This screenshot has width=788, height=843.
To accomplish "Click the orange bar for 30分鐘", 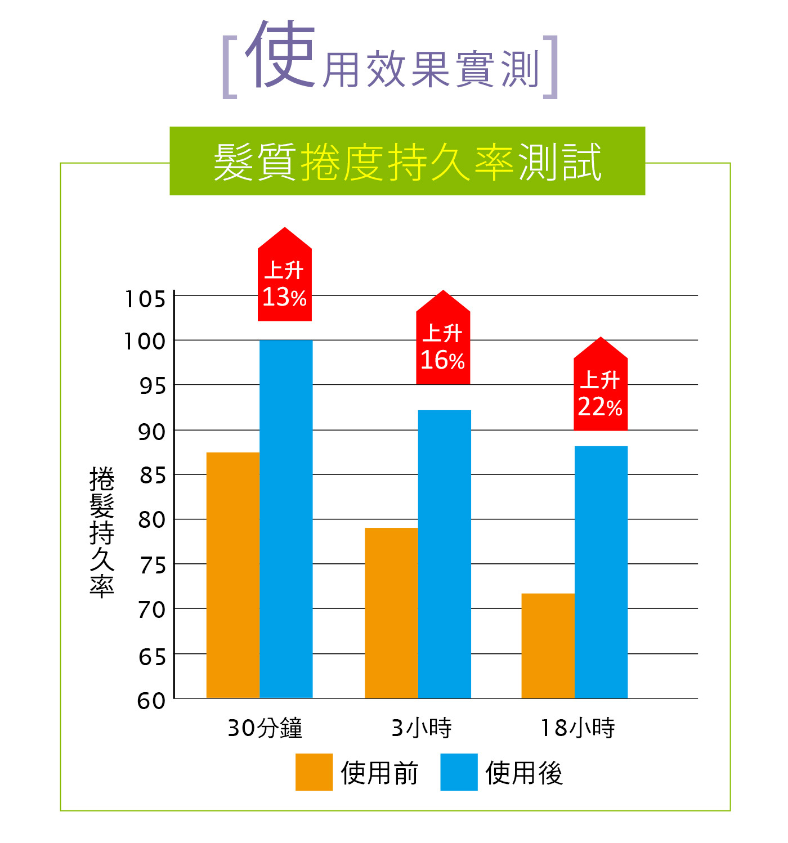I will tap(233, 575).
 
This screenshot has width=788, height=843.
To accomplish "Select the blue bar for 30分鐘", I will tap(286, 519).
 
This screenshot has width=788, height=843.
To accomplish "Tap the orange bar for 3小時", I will tap(391, 613).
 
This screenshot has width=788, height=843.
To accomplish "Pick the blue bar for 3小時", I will tap(445, 554).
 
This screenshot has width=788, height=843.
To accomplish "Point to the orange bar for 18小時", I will tap(548, 645).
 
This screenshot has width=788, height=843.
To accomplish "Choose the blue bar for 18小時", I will tap(601, 572).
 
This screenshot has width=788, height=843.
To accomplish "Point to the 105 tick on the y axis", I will tap(145, 299).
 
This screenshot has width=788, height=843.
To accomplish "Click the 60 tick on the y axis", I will tap(151, 701).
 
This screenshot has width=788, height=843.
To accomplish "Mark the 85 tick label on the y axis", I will tap(153, 476).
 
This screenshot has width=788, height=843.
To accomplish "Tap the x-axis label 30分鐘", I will tap(265, 728).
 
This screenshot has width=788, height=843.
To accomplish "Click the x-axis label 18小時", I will tap(578, 728).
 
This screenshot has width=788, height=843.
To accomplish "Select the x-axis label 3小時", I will tap(422, 728).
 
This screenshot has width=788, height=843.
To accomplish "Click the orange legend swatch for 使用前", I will tap(314, 772).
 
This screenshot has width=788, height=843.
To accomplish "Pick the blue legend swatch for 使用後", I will tap(459, 772).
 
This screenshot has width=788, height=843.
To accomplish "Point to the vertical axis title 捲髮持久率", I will tap(102, 531).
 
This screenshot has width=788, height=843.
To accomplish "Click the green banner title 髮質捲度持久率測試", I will tap(407, 162).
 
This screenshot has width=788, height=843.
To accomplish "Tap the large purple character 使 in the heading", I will tap(280, 55).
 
